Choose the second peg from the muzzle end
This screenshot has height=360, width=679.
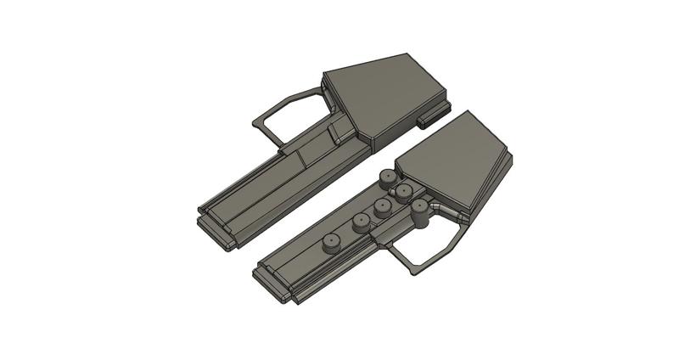click(x=362, y=223)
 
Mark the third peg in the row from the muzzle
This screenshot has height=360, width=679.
click(x=384, y=208)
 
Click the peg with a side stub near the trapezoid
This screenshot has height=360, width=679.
click(x=406, y=194)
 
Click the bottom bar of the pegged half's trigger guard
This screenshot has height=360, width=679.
click(x=424, y=267)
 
